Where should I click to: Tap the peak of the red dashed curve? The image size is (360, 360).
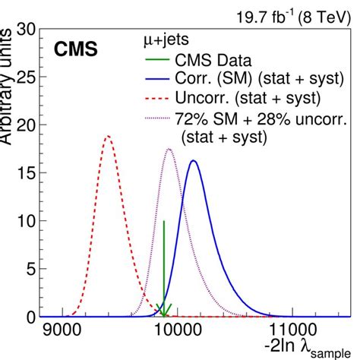[x=108, y=137]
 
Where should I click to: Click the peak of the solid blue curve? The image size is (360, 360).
[x=193, y=160]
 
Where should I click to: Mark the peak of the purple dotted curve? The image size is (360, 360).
[x=169, y=149]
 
